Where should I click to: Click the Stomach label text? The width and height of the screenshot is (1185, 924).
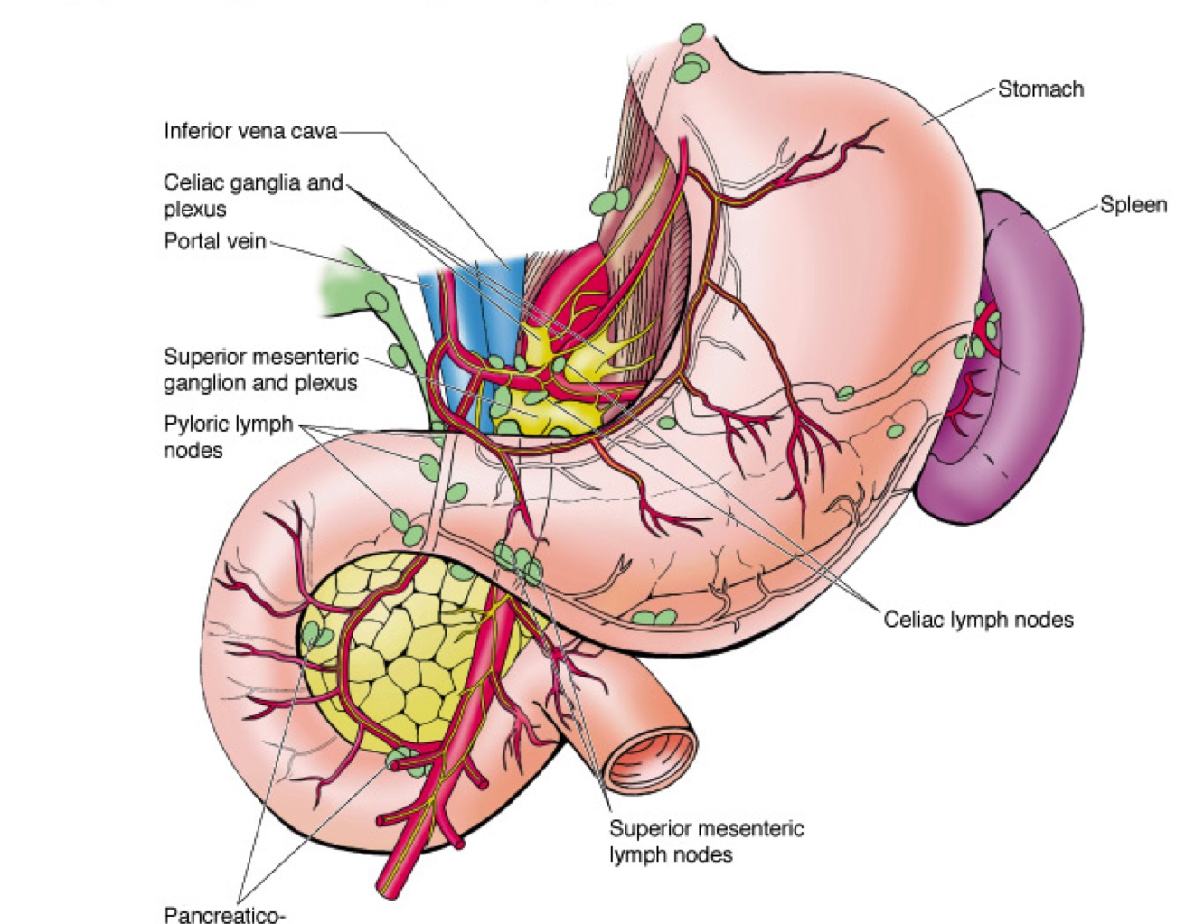pos(1039,89)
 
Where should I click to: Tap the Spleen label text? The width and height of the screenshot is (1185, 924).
pos(1133,205)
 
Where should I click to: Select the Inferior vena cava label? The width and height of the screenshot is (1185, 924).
pos(249,132)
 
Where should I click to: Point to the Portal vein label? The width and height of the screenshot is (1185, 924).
pos(214,241)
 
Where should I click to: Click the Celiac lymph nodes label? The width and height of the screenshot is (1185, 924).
pos(978,620)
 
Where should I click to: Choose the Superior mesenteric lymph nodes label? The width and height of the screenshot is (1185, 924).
pos(706,841)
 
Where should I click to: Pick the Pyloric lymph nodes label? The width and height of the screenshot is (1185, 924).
pos(228,436)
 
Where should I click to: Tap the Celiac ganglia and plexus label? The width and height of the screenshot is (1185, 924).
pos(253,195)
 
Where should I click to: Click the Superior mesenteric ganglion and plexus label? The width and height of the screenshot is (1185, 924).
pos(260,370)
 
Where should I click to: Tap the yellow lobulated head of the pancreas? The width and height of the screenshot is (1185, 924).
pos(407,650)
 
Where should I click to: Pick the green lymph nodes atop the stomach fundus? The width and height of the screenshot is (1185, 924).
pos(694,54)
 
